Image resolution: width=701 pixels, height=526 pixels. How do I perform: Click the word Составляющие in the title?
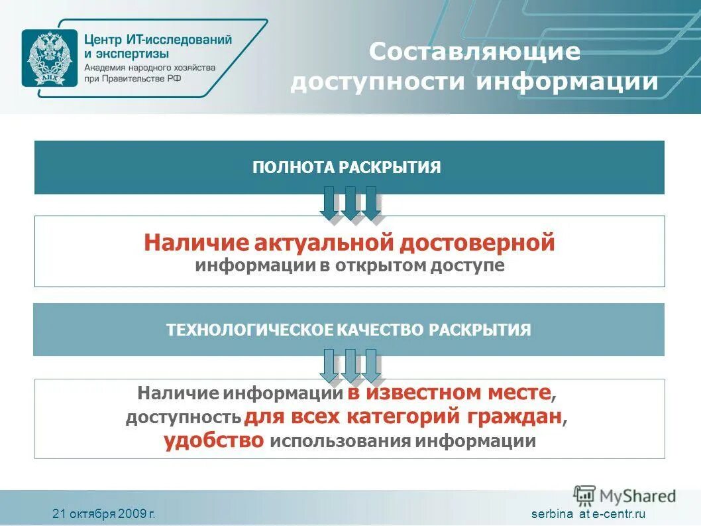tap(474, 52)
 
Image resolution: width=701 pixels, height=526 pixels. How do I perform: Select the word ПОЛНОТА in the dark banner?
tap(294, 167)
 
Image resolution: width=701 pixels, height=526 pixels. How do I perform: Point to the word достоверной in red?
tap(477, 243)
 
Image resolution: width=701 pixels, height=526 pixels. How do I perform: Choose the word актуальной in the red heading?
tap(324, 243)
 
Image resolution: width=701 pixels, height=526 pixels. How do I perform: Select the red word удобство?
tap(215, 440)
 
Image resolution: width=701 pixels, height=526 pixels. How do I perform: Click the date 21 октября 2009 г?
tap(104, 513)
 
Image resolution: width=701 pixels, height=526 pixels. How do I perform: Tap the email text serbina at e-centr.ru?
tap(588, 513)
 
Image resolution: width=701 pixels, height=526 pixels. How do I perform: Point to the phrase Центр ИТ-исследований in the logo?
tap(158, 39)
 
